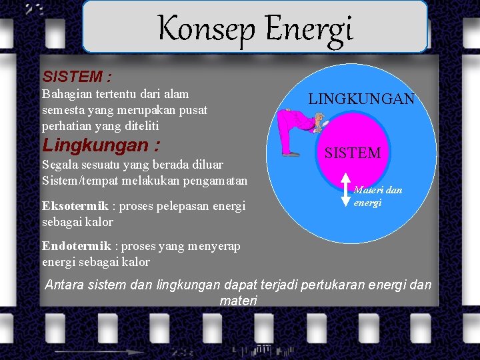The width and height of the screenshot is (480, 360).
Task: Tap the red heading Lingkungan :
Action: click(x=101, y=145)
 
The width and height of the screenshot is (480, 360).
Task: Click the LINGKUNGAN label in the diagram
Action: click(x=361, y=99)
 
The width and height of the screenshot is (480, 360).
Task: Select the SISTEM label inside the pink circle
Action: click(x=353, y=153)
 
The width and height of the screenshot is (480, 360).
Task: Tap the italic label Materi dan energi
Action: click(x=377, y=196)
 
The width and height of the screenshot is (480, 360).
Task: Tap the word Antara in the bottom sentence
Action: click(x=66, y=285)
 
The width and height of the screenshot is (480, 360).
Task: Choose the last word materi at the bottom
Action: click(x=238, y=301)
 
